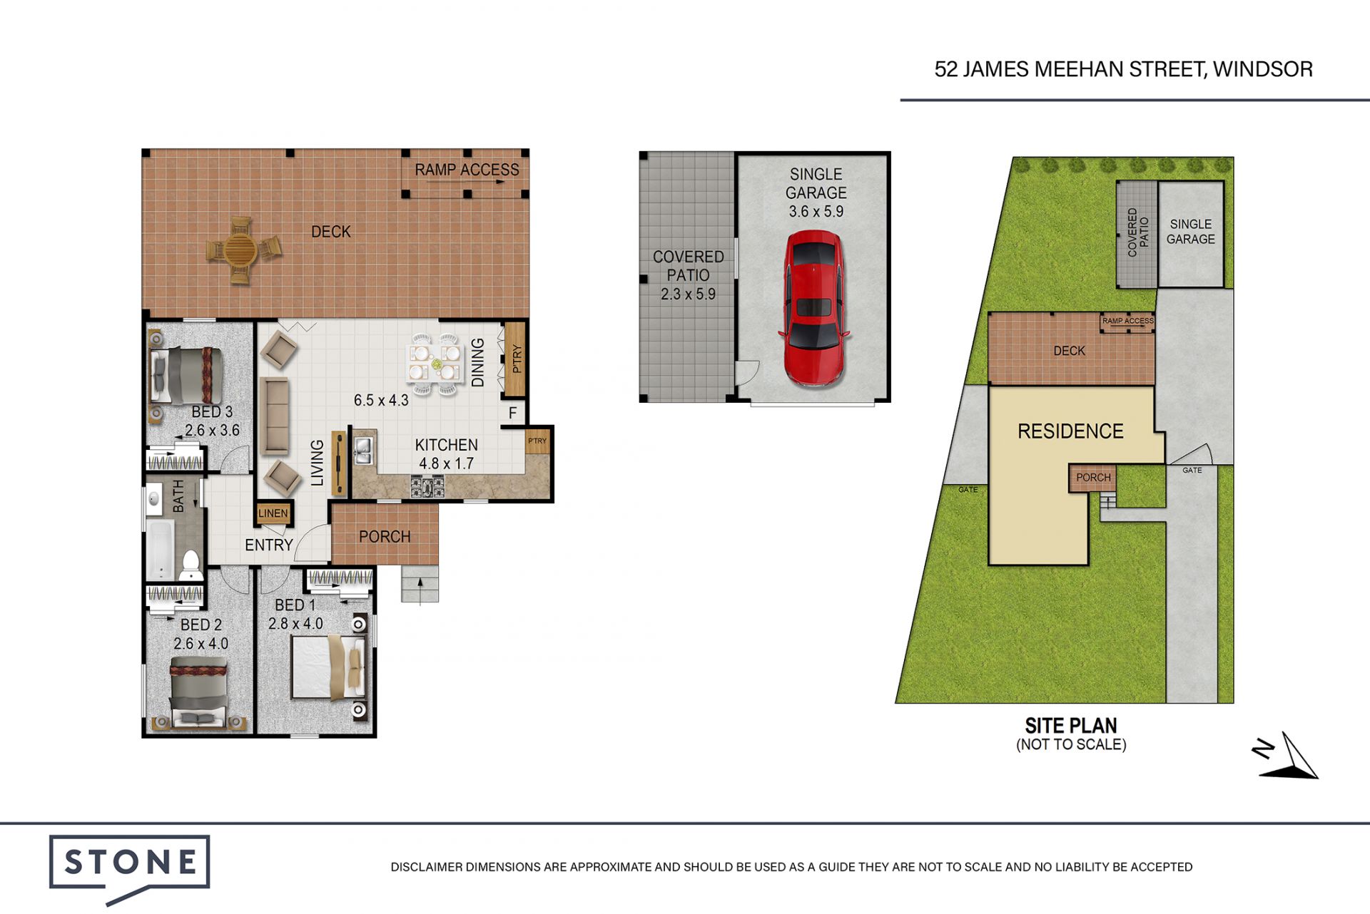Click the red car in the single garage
[814, 308]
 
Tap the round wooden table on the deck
[240, 250]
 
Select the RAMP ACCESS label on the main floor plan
[467, 170]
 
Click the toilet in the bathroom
[191, 566]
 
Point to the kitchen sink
[363, 451]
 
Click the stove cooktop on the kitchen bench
[427, 486]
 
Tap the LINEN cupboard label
[273, 513]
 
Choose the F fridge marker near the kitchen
[512, 414]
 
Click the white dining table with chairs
[433, 362]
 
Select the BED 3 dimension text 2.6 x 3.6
[212, 431]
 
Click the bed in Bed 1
[329, 668]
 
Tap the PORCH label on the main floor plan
[385, 537]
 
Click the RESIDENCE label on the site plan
[1070, 431]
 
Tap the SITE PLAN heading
[1071, 726]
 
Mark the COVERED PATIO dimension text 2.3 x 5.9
[688, 294]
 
